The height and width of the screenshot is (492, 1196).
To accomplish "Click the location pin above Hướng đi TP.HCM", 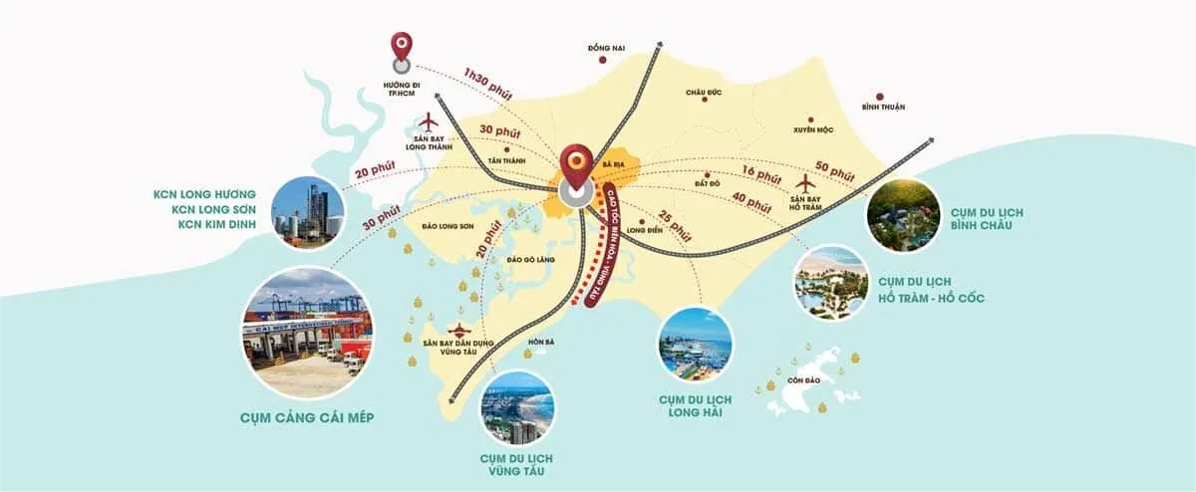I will pos(402,47).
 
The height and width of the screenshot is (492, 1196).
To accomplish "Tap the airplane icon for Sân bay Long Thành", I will pos(430,123).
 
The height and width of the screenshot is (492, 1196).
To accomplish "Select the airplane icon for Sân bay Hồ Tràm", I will pos(806,183).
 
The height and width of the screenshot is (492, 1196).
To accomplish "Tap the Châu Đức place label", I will pos(703,93).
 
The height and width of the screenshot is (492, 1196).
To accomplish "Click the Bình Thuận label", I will pos(883,107).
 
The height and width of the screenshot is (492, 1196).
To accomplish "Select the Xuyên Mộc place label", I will pos(812,129).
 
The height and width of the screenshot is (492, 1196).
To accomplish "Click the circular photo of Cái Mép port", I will pos(307,333).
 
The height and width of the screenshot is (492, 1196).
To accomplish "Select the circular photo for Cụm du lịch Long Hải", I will pos(696,345).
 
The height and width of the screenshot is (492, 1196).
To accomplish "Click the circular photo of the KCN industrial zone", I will pos(306,210).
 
